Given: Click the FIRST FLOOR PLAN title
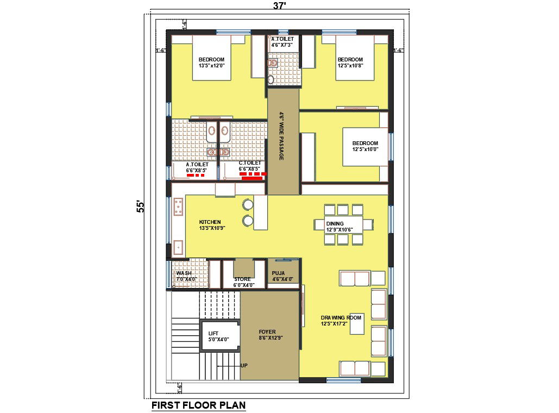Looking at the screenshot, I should pos(198,405).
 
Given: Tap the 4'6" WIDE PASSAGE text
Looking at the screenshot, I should pos(282,136).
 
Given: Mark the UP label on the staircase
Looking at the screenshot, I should pos(244,365).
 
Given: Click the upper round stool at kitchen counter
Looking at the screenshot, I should pos(248,204).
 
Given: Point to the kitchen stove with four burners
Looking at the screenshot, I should pos(178,208).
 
